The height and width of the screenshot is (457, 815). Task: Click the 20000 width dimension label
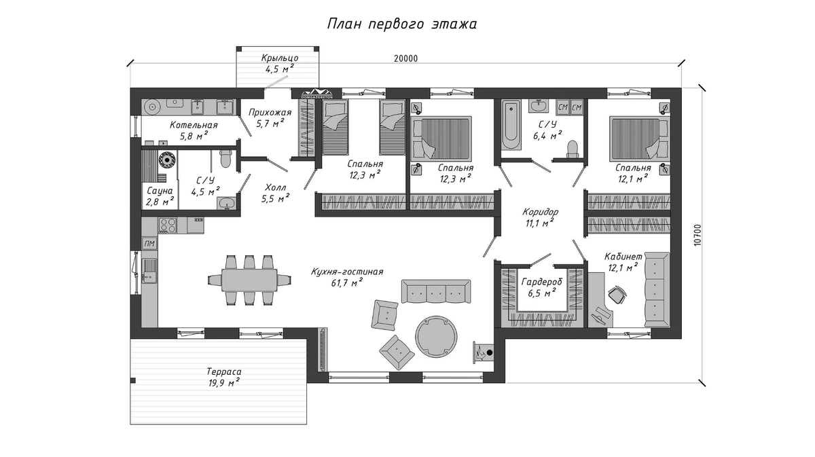(405, 58)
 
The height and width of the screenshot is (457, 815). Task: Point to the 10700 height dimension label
(697, 235)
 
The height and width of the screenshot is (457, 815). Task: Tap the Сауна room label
(160, 191)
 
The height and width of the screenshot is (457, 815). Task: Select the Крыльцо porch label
(280, 58)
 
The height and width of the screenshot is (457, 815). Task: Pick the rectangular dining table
(249, 280)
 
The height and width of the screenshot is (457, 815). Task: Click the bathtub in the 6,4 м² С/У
(511, 125)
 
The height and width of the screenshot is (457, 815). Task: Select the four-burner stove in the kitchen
(168, 225)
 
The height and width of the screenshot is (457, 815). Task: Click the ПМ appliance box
(149, 244)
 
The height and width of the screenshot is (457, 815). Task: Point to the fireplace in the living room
(483, 352)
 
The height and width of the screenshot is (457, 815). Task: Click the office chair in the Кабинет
(617, 294)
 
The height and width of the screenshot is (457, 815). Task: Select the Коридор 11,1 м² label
(540, 217)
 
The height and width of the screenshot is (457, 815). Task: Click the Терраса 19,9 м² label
(223, 378)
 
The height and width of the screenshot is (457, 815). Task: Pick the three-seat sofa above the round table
(436, 291)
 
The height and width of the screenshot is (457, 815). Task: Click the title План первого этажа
(402, 24)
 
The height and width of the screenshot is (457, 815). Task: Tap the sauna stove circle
(167, 160)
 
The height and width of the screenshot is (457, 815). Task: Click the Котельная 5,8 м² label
(194, 130)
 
